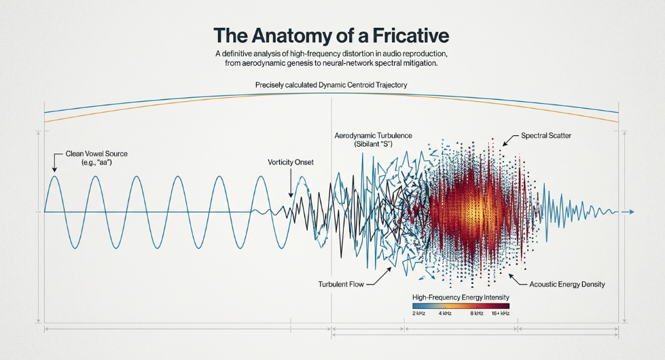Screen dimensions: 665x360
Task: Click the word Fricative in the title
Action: tap(410, 35)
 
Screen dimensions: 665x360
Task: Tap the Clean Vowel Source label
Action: tap(96, 158)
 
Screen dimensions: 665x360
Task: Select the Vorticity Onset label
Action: tap(291, 162)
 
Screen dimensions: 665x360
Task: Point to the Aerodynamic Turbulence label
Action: tap(373, 139)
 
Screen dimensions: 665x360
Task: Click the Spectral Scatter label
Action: tap(546, 136)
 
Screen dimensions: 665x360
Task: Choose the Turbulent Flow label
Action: tap(341, 284)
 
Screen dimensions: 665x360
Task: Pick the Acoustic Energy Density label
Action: tap(567, 284)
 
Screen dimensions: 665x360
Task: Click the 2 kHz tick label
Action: tap(418, 313)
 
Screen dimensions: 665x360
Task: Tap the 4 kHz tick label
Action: tap(445, 313)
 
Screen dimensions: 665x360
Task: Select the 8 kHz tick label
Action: tap(477, 313)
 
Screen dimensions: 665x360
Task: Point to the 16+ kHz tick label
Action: tap(501, 313)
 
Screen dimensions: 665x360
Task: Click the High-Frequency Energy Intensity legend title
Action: tap(461, 298)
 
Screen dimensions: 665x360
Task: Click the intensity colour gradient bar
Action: tap(461, 306)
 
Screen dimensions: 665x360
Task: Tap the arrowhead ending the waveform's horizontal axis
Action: tap(632, 212)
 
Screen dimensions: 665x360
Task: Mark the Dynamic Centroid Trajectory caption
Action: tap(331, 85)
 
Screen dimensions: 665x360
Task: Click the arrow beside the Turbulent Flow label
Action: tap(378, 276)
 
